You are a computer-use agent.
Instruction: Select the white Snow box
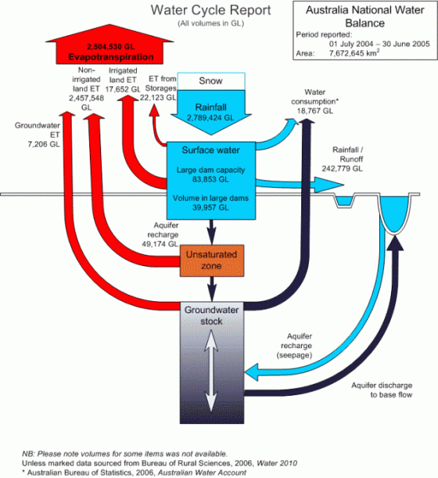[x=212, y=81]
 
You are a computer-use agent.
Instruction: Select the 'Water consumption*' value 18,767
[x=317, y=112]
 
